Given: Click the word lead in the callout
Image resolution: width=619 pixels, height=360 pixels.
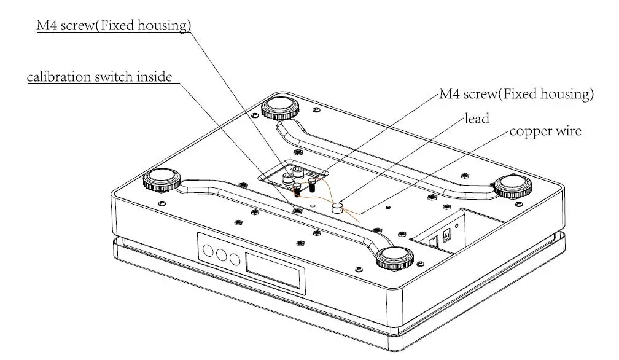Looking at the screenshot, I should [x=477, y=119].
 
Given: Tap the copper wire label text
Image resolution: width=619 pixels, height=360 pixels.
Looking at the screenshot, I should [x=545, y=131].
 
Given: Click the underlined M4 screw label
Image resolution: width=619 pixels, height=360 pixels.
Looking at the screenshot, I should [x=113, y=25].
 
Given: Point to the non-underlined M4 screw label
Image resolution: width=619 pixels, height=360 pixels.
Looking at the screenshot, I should [x=516, y=95].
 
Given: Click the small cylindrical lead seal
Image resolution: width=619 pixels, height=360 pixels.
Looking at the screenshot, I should [x=338, y=207].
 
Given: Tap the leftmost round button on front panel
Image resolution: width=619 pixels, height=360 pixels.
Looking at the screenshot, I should [x=208, y=251].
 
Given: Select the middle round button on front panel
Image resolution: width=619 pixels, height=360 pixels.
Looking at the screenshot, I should [x=222, y=255].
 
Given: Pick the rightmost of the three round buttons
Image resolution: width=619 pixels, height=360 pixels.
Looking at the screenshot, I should [x=235, y=259].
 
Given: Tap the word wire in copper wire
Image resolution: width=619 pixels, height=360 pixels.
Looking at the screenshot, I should [x=567, y=131].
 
